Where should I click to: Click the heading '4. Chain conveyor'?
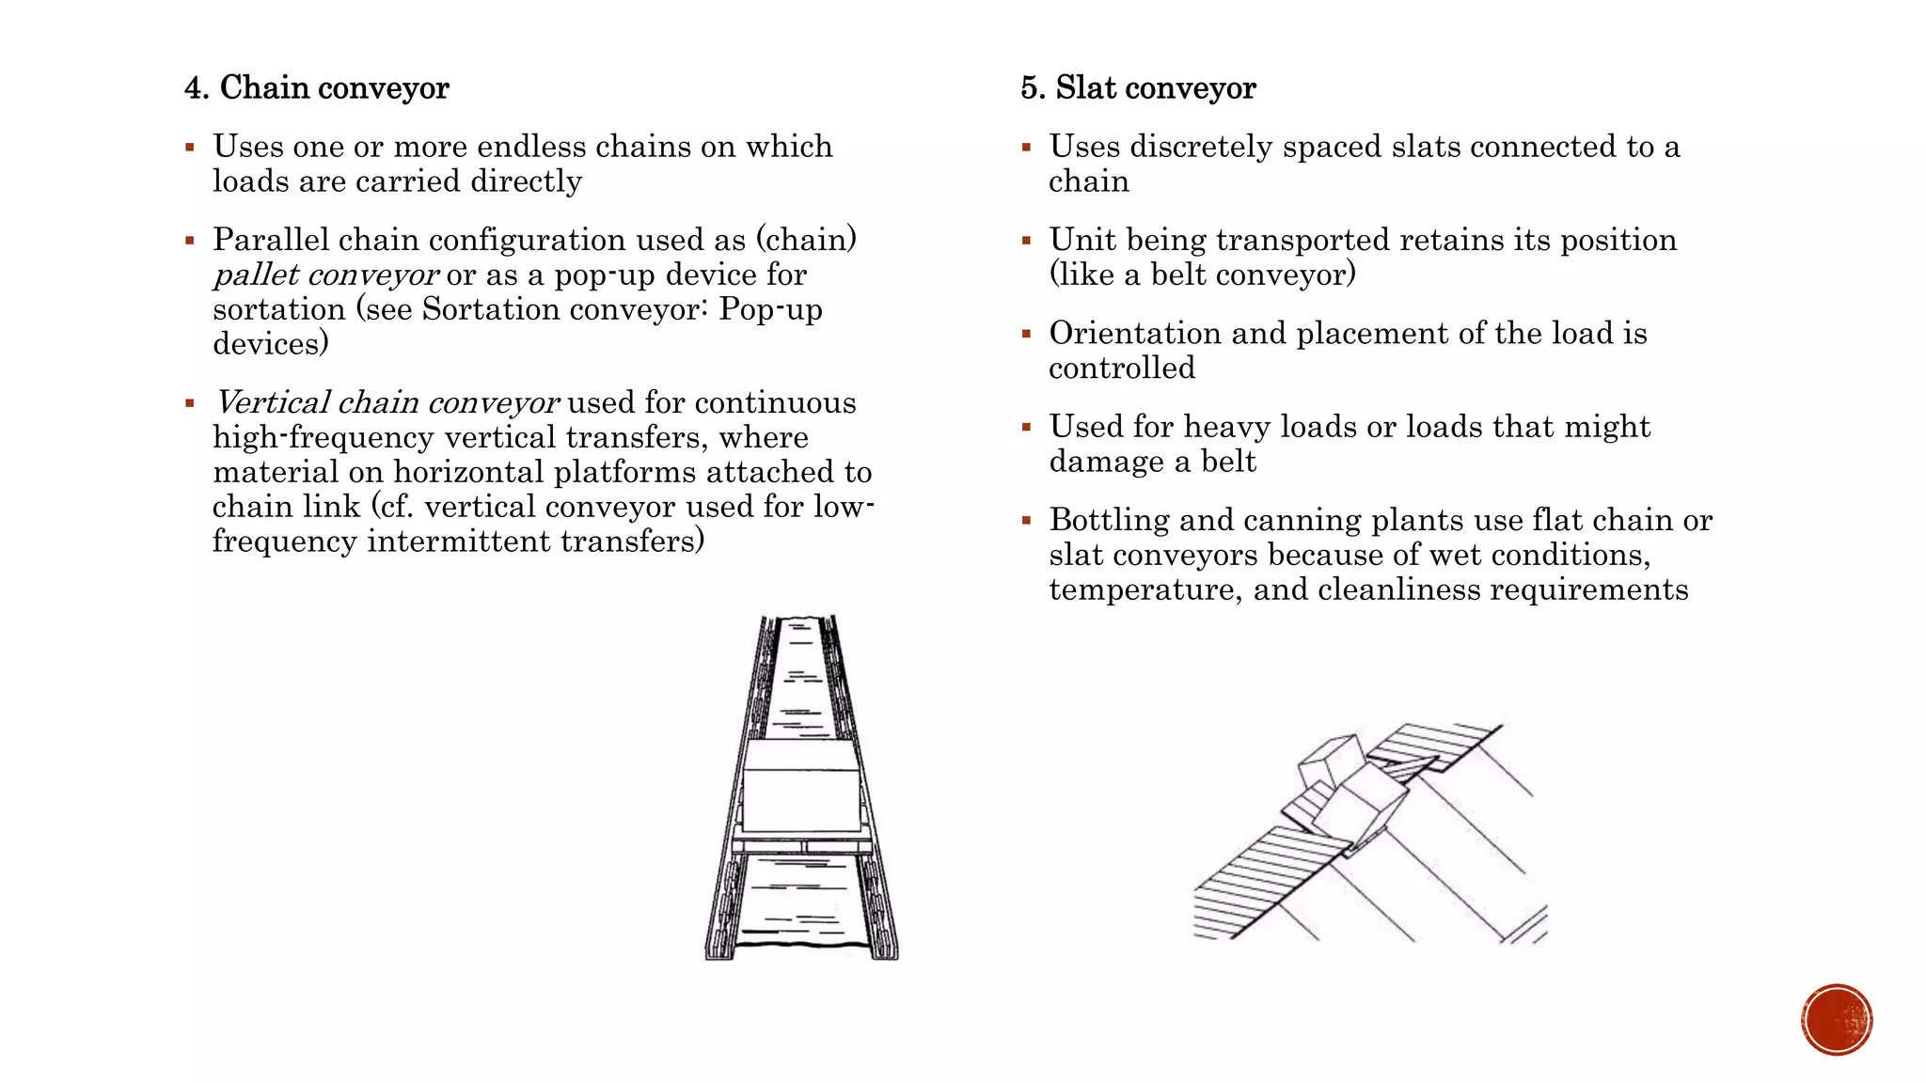click(x=317, y=88)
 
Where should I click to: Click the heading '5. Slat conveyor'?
click(x=1138, y=88)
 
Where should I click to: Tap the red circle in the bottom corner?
click(x=1837, y=1020)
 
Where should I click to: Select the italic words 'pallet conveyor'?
click(x=325, y=275)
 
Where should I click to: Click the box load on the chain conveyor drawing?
click(x=801, y=788)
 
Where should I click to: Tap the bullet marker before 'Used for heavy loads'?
click(x=1027, y=428)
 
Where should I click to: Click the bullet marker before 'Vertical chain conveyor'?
click(x=190, y=404)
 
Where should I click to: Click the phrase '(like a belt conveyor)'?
click(x=1202, y=275)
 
